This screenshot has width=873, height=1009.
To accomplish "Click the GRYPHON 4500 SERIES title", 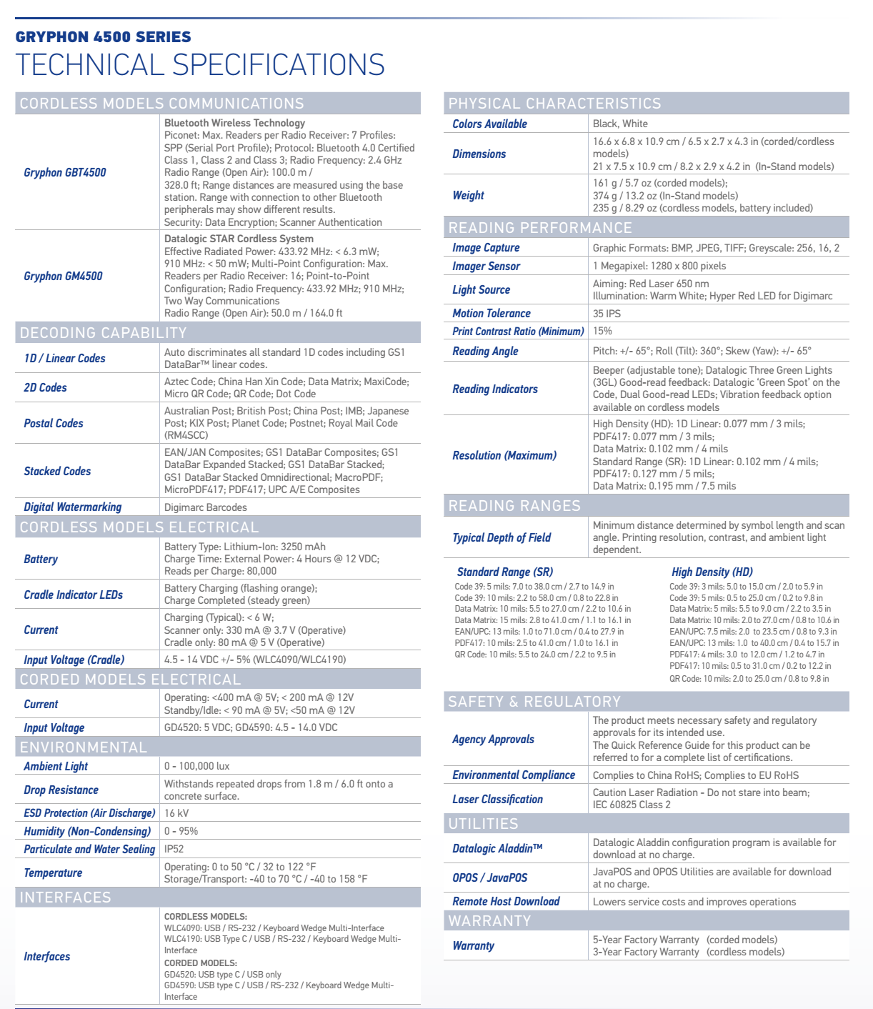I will [x=103, y=37].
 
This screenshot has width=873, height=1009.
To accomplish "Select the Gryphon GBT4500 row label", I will [x=65, y=172].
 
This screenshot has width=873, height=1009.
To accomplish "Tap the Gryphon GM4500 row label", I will [x=63, y=276].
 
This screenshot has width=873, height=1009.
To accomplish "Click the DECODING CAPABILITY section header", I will [x=104, y=333].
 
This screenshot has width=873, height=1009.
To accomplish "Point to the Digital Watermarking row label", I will [x=72, y=507].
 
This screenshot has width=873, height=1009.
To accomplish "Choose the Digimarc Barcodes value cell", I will [x=206, y=507].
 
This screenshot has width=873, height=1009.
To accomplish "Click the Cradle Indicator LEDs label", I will [x=73, y=595].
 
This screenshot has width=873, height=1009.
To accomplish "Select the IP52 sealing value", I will [x=174, y=849].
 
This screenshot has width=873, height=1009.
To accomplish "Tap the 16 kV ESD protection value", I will [x=176, y=813].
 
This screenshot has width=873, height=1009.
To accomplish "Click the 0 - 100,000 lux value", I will [x=197, y=766].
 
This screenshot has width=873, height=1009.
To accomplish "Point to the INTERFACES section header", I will [x=66, y=898].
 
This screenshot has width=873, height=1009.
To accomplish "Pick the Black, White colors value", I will [x=620, y=124].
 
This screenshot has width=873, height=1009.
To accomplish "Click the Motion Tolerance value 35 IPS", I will [x=607, y=313].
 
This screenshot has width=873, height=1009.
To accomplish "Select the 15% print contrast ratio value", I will [x=602, y=331].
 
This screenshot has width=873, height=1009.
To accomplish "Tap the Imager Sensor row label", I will [x=486, y=266].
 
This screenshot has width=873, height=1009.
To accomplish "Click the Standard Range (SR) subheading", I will [x=504, y=572].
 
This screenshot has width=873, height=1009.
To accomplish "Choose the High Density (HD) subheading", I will [x=712, y=572].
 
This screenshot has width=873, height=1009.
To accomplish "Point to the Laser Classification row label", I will [x=497, y=799].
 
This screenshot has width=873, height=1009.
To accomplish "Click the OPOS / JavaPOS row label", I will [x=489, y=878].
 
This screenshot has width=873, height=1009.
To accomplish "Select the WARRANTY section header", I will [x=490, y=921].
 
